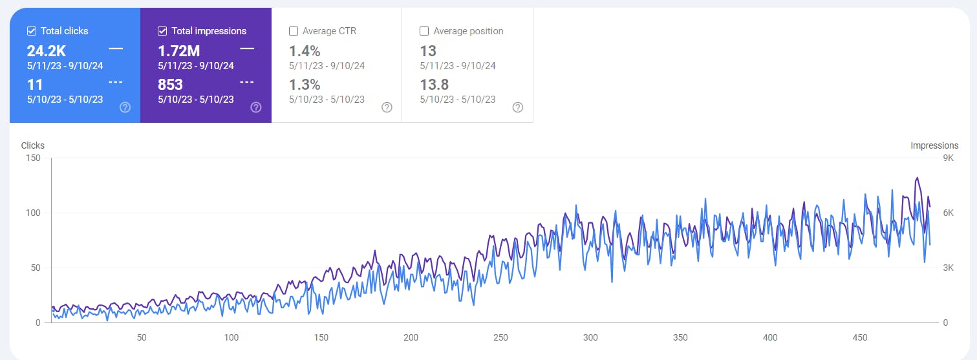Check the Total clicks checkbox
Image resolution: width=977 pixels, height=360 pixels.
32,31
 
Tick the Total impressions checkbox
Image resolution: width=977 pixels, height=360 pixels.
162,31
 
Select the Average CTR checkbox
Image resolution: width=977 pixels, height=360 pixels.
294,31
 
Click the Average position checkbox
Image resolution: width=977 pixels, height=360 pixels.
424,31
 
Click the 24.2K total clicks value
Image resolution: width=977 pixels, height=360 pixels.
47,51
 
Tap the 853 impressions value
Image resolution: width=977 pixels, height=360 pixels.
171,85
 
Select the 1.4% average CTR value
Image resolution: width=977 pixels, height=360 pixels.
305,51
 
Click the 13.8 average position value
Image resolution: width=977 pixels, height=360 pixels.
434,85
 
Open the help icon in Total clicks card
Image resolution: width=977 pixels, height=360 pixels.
125,107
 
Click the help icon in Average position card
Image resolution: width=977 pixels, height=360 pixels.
517,107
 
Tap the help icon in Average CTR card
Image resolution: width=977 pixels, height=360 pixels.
387,107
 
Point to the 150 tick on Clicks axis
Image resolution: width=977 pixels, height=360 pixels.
32,158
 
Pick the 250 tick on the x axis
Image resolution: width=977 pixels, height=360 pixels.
500,337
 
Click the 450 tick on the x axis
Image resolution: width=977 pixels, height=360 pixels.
859,337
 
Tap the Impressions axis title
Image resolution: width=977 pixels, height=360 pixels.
934,145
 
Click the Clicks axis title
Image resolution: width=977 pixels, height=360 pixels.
33,145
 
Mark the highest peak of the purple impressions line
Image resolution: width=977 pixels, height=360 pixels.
917,178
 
